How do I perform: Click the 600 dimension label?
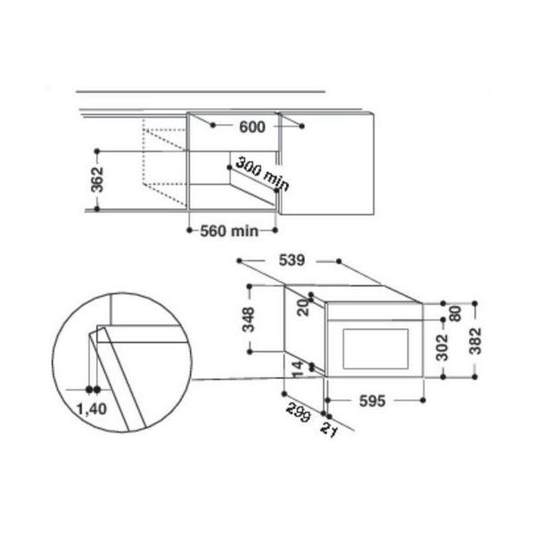(252, 128)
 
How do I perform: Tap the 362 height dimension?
(97, 179)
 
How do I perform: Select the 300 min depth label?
(262, 173)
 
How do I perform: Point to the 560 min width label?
(229, 231)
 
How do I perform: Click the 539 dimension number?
(292, 260)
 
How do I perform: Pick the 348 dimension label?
(249, 319)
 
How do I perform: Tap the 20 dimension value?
(303, 308)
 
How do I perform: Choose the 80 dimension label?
(456, 314)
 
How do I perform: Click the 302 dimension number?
(442, 348)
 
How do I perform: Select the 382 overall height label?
(475, 341)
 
